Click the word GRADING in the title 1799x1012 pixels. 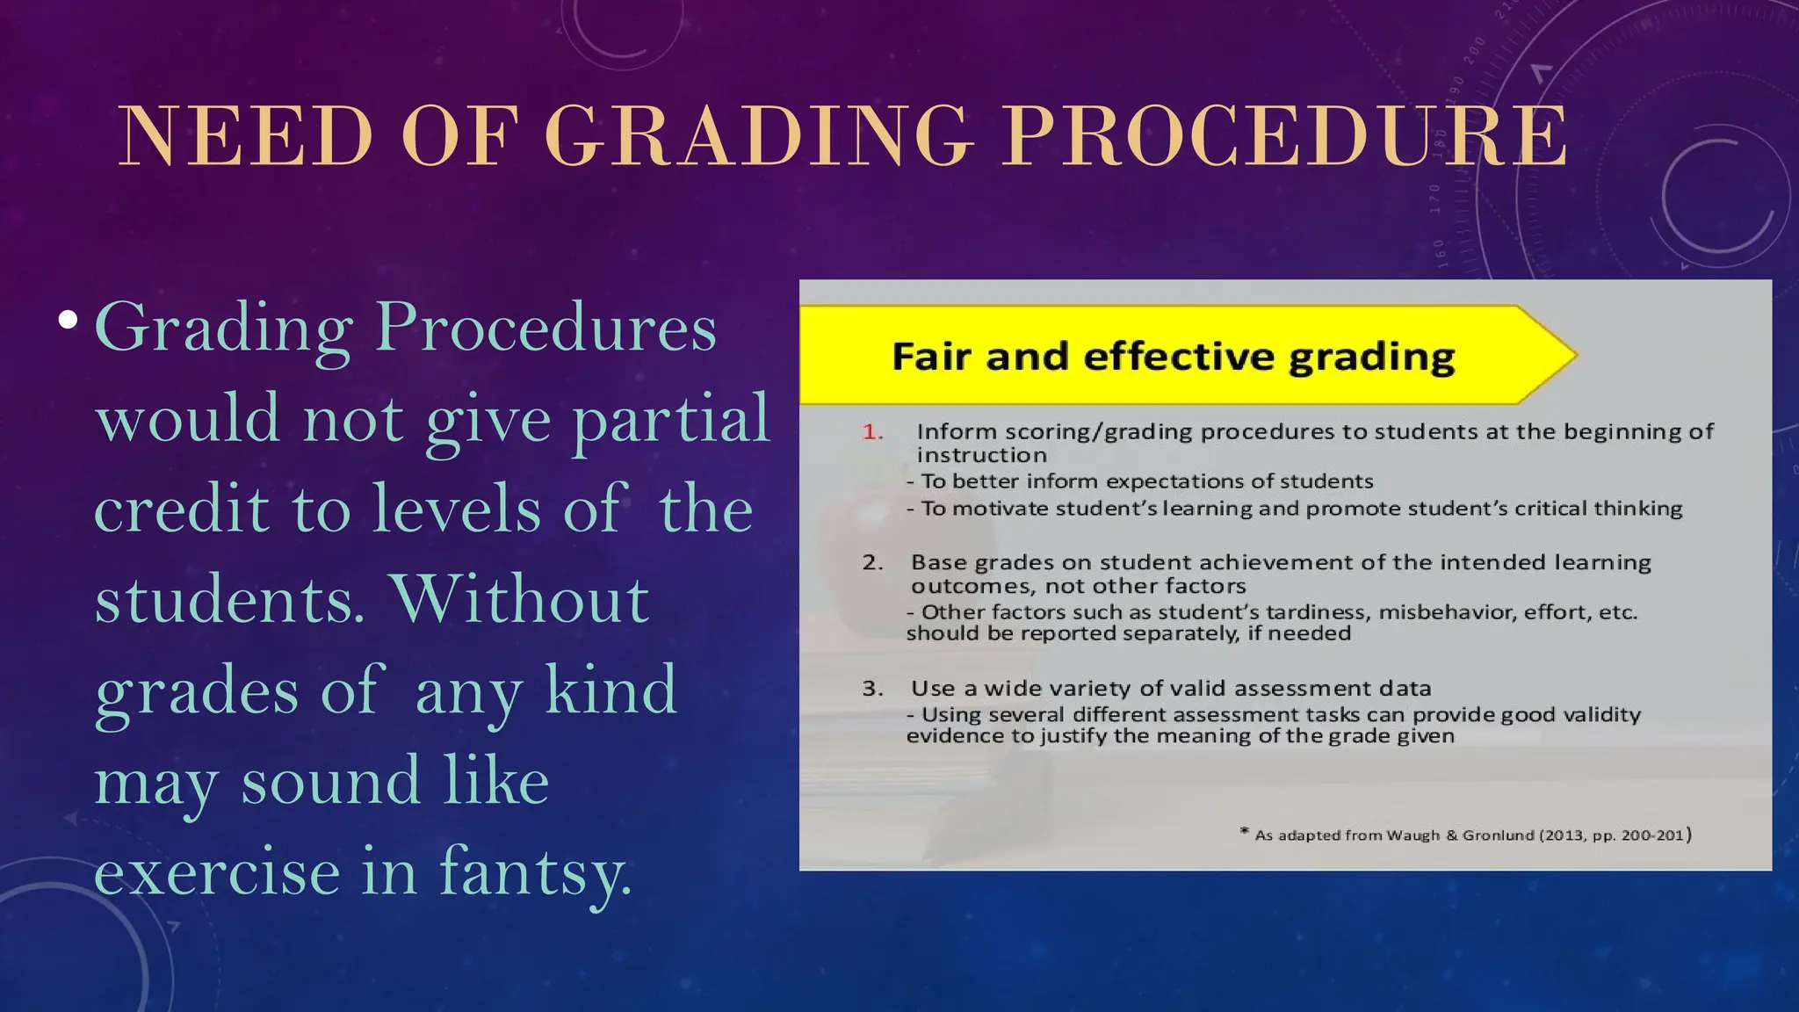[760, 136]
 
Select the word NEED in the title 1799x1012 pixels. [246, 136]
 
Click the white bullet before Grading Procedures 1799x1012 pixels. [68, 320]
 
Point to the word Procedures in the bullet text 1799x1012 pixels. [545, 328]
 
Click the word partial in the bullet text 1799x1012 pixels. [671, 420]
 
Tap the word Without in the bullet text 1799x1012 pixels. [521, 600]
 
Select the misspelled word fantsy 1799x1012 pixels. [535, 872]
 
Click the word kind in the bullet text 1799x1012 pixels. [611, 690]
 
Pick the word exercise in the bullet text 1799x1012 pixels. [217, 872]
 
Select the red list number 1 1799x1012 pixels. [872, 432]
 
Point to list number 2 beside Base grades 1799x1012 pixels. [872, 563]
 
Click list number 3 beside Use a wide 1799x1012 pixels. [872, 689]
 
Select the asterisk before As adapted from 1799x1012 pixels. [1245, 832]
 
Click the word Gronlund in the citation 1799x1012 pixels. [1498, 835]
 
